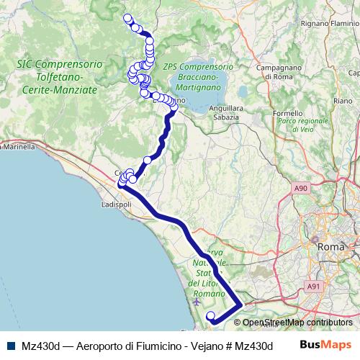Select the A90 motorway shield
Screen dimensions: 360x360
(x=301, y=188)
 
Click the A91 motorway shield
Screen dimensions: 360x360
(x=313, y=287)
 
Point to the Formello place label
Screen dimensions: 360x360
(x=288, y=113)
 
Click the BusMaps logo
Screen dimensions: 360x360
(x=325, y=346)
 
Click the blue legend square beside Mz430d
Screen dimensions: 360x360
(x=9, y=346)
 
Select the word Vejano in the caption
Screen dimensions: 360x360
(x=207, y=346)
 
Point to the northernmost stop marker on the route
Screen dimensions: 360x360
(x=127, y=18)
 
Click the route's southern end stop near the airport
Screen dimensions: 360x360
(x=210, y=315)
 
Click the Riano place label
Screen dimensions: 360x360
(x=343, y=102)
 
